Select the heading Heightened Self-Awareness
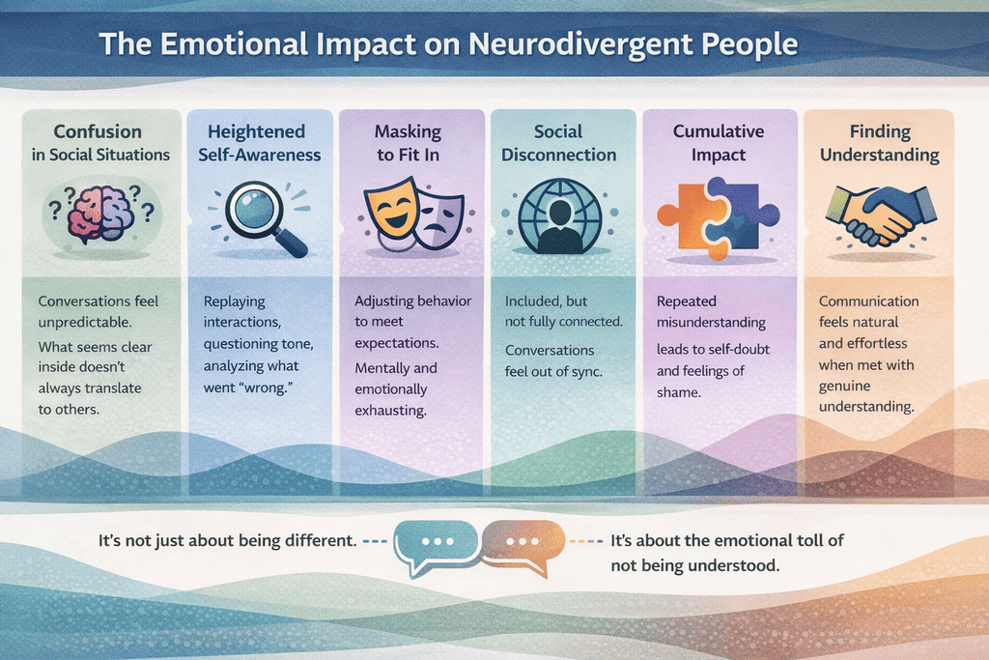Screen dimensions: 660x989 [255, 143]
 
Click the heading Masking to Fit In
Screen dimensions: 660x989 [407, 143]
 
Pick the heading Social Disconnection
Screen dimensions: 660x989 [558, 143]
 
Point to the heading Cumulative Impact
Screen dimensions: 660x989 [718, 143]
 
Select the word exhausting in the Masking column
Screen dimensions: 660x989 [390, 410]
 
